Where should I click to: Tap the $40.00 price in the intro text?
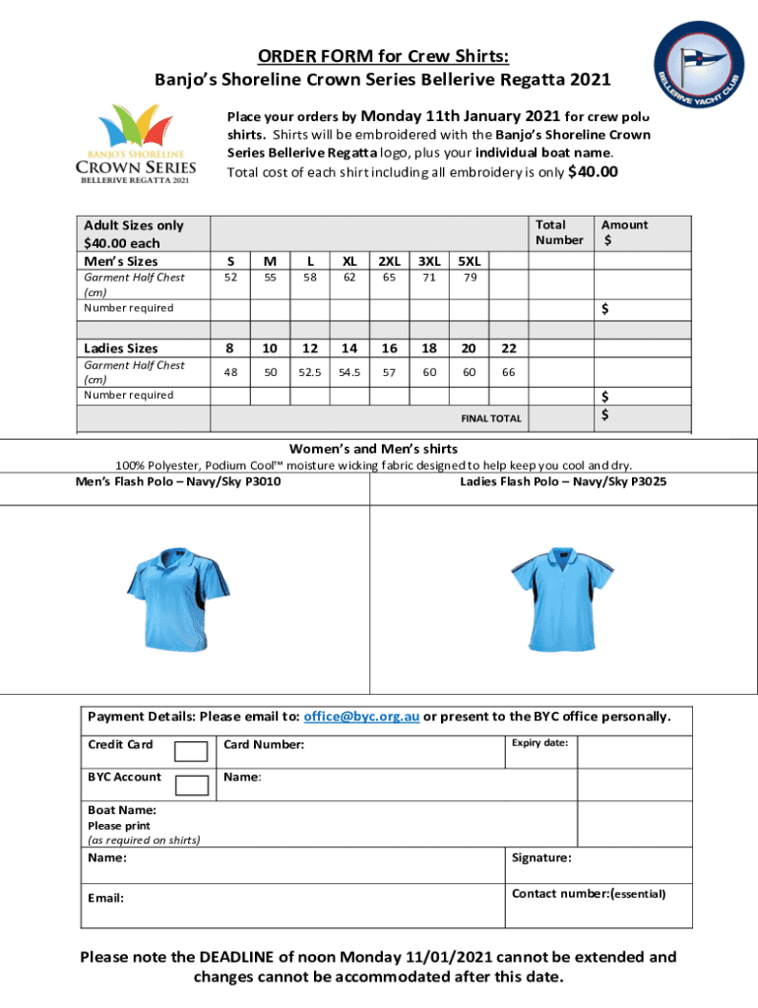click(x=594, y=172)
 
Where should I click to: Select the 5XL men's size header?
click(x=471, y=261)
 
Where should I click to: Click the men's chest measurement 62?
click(x=349, y=278)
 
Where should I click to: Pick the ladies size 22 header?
click(x=508, y=347)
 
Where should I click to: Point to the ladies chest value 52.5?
click(x=310, y=372)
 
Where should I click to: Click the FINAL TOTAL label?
click(x=491, y=418)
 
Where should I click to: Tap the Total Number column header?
click(x=559, y=232)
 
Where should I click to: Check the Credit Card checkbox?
click(x=191, y=752)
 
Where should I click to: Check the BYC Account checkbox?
click(x=191, y=785)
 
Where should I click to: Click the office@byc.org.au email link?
click(x=361, y=717)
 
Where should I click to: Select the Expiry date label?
click(x=539, y=742)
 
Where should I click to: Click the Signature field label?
click(x=541, y=857)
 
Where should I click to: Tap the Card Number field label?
click(x=264, y=745)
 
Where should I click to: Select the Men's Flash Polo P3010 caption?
click(x=170, y=481)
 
